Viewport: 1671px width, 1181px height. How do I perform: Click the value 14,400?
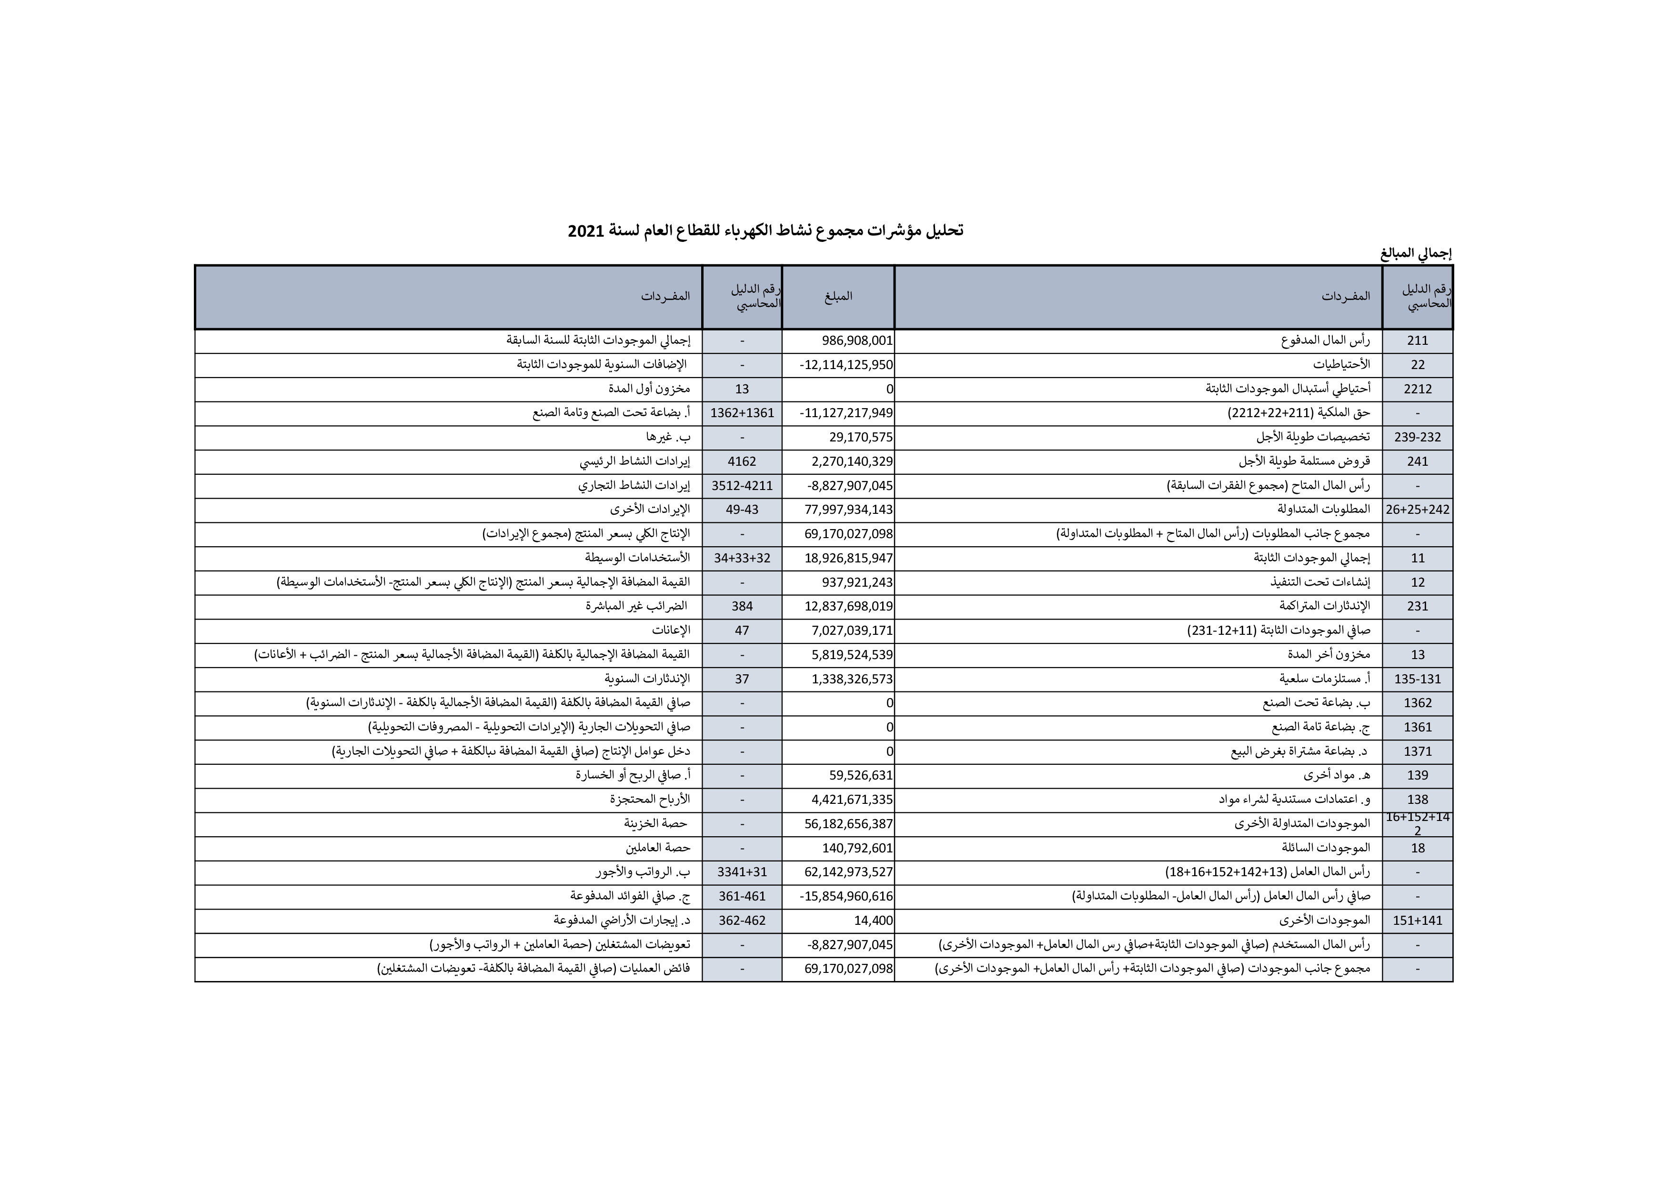point(873,921)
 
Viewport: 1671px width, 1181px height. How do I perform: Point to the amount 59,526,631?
point(861,776)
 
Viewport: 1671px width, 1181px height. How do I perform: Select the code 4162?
point(742,461)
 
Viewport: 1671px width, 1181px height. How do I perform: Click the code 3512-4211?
point(742,485)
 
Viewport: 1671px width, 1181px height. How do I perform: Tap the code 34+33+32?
point(742,558)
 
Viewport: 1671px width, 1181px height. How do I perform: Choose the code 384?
point(742,606)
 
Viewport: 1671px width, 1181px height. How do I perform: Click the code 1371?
point(1417,751)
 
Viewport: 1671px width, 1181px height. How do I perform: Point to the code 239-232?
point(1417,437)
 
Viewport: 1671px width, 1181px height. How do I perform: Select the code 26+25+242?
point(1417,510)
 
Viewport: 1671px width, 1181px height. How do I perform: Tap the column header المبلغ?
point(838,296)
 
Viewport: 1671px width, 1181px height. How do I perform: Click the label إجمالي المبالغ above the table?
point(1416,254)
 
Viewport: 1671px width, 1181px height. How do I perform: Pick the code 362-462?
point(742,921)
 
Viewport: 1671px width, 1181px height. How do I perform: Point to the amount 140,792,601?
point(857,849)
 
